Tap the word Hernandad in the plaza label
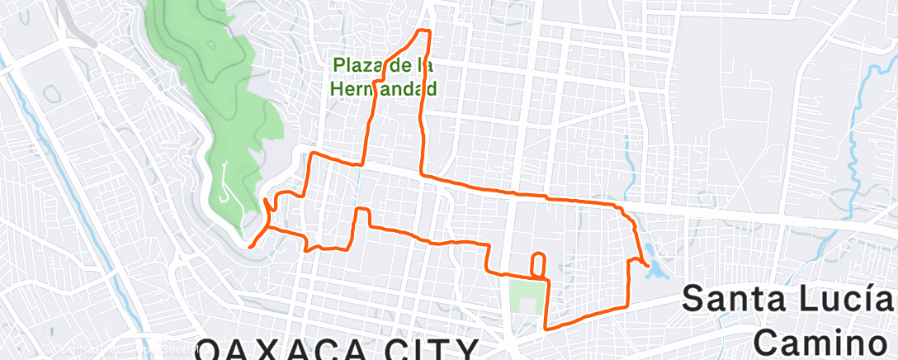pos(383,86)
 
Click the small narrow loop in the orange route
pos(537,263)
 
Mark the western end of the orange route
pos(250,244)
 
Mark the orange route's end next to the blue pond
pos(645,265)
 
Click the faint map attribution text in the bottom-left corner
pos(107,350)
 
